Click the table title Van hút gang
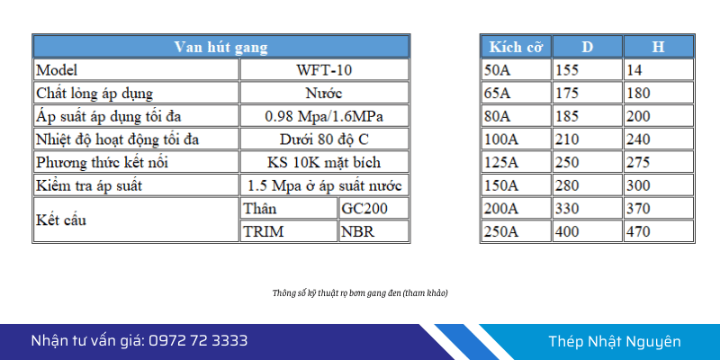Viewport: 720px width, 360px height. coord(220,47)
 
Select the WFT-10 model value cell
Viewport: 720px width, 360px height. coord(324,70)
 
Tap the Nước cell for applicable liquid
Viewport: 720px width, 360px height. coord(324,94)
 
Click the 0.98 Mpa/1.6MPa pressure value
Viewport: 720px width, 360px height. coord(324,116)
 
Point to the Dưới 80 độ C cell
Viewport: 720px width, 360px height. coord(324,139)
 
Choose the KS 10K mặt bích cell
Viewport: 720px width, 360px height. coord(324,162)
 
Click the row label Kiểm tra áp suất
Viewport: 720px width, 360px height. coord(89,185)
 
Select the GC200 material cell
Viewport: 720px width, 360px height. coord(373,209)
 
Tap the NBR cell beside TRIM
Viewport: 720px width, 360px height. coord(373,231)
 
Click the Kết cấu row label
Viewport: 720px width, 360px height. coord(61,220)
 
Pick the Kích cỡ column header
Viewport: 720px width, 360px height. coord(516,47)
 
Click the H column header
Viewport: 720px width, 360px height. coord(659,47)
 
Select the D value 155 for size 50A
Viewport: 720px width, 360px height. coord(567,70)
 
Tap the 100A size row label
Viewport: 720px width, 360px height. coord(501,139)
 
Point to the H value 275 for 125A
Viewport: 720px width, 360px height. coord(638,162)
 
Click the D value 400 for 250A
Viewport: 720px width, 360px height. coord(567,231)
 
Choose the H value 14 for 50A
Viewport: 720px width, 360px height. coord(634,70)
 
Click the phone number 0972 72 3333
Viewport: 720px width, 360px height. coord(198,341)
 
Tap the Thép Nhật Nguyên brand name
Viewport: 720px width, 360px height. coord(615,342)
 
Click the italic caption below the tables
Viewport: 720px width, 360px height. coord(360,293)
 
